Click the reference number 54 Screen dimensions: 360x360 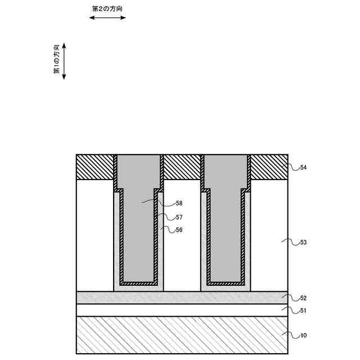tap(303, 168)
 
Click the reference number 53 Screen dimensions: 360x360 tap(303, 242)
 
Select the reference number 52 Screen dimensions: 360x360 tap(303, 298)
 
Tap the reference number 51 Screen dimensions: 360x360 tap(303, 310)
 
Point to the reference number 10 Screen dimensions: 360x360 tap(303, 336)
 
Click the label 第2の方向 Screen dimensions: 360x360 tap(107, 10)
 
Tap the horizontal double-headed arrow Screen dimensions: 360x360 tap(107, 18)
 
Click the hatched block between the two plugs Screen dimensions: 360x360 tap(182, 167)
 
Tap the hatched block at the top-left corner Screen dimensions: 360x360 tap(95, 167)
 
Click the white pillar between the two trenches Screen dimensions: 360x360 tap(182, 236)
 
